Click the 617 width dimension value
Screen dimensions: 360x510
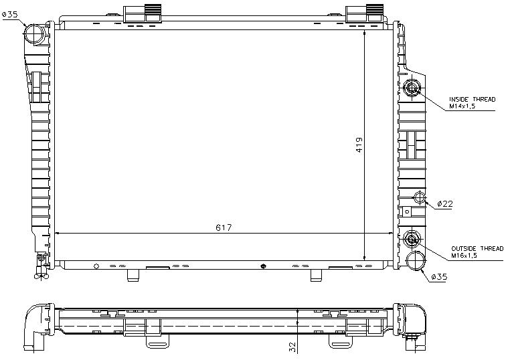pos(224,228)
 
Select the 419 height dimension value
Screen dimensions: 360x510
pos(358,145)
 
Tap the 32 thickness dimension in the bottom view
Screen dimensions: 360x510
pos(292,345)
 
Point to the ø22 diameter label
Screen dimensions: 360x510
pos(445,203)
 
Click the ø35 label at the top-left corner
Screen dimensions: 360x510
pos(10,14)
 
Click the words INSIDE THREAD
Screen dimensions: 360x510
pos(473,99)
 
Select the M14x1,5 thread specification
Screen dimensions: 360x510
pos(463,106)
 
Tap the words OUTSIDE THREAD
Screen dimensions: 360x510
pos(477,248)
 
